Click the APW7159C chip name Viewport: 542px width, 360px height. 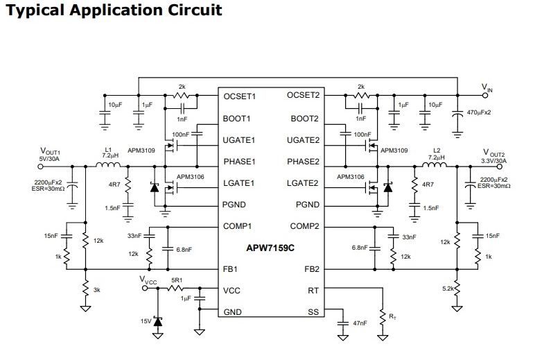click(x=270, y=248)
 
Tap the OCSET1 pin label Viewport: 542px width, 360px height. click(x=240, y=96)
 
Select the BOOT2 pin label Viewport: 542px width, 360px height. click(x=304, y=119)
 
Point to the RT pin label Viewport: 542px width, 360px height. click(x=313, y=291)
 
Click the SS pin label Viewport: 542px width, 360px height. click(x=313, y=312)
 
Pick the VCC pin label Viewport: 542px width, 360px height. click(x=231, y=291)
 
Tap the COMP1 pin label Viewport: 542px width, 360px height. click(x=238, y=226)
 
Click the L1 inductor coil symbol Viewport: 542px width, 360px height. click(x=108, y=164)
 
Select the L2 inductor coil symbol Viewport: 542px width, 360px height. click(x=435, y=164)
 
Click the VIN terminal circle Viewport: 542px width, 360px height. click(x=485, y=95)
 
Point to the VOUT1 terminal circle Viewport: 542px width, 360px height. click(x=40, y=166)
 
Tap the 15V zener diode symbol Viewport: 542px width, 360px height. click(x=158, y=322)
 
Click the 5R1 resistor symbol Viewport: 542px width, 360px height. click(x=175, y=288)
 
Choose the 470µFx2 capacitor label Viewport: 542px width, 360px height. click(x=479, y=112)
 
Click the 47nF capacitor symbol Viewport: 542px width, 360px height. click(x=343, y=323)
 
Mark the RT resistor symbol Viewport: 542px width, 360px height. click(x=383, y=318)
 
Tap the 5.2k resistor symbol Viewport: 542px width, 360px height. click(x=457, y=288)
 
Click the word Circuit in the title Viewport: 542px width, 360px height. click(x=195, y=10)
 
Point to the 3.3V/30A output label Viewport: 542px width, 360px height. click(x=493, y=161)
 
